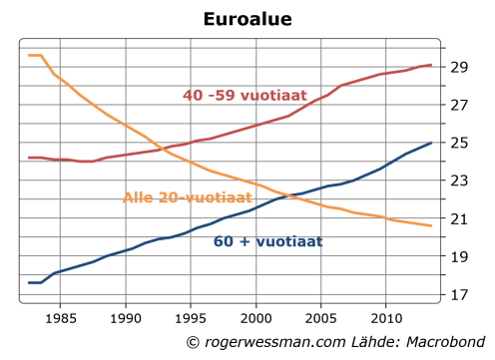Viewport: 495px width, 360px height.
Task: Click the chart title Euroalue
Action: click(247, 18)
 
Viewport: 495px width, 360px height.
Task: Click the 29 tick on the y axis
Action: click(459, 67)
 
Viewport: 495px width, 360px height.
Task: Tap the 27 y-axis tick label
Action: click(459, 105)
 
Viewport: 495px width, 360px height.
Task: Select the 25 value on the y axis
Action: click(459, 143)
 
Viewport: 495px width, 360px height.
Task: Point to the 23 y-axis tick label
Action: click(459, 180)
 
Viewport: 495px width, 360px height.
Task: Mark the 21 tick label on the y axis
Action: click(459, 218)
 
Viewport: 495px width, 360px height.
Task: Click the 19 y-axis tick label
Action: click(459, 256)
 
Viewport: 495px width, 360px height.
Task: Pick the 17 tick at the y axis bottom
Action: click(459, 295)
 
